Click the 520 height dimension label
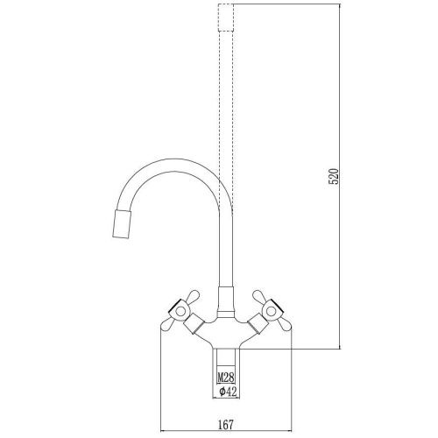coord(334,176)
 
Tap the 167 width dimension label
coord(226,424)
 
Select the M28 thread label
coord(226,378)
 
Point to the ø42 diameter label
coord(227,392)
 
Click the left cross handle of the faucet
coord(180,311)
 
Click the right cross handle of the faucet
coord(272,311)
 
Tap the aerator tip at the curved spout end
coord(122,223)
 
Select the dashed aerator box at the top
coord(226,18)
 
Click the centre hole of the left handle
coord(180,311)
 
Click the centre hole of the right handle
coord(272,311)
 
